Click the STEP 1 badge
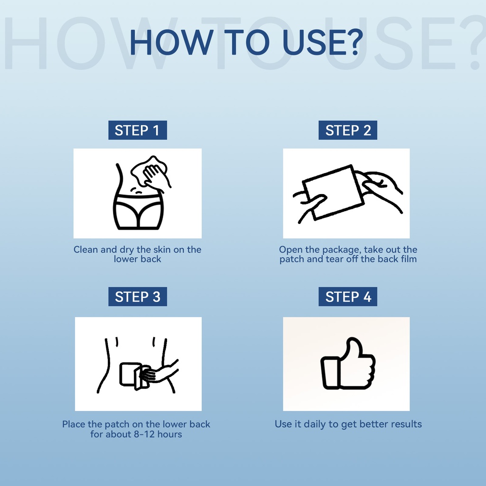pos(138,130)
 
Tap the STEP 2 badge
pos(348,130)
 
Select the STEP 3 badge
pos(138,297)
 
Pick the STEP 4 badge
pos(348,297)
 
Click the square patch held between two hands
pos(334,192)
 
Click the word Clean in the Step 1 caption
pos(85,250)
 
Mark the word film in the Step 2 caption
pos(410,259)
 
